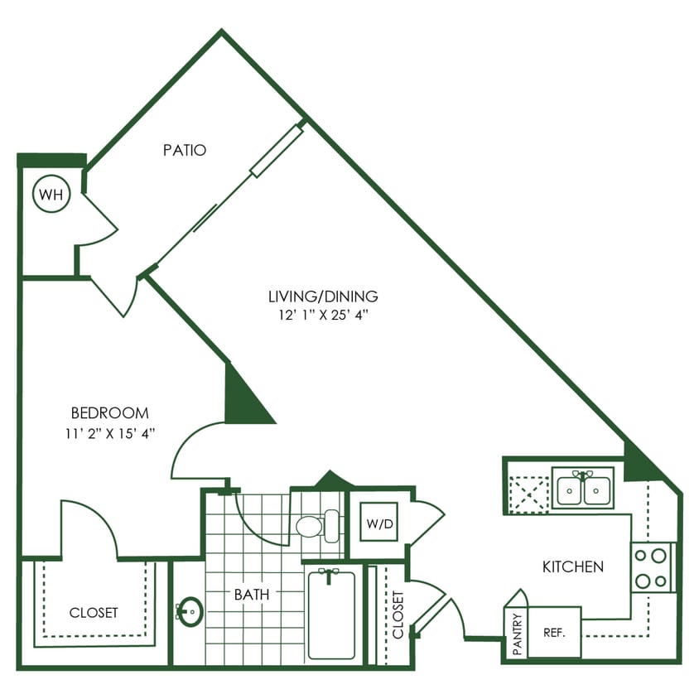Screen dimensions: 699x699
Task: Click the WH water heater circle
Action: (51, 195)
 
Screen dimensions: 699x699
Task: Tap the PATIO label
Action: (184, 151)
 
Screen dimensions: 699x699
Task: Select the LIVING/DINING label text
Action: (323, 296)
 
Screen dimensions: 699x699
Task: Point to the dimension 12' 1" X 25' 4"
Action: (323, 315)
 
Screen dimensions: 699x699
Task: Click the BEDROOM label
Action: (109, 412)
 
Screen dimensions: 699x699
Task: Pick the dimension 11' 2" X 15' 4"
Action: (109, 432)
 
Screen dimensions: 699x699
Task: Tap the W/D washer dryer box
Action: (379, 523)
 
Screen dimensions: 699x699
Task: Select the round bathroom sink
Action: (190, 612)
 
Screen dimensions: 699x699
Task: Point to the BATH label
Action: (251, 594)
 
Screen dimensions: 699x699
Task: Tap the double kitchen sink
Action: (583, 489)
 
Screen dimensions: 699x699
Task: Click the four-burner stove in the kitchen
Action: (652, 567)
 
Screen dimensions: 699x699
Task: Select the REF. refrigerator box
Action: (554, 633)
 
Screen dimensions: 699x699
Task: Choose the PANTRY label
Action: (517, 634)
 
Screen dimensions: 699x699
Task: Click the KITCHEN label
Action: (572, 567)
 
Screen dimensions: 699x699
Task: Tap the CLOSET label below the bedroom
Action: (94, 613)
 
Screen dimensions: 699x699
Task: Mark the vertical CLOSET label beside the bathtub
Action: (398, 615)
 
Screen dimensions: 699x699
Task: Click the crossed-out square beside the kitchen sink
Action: (528, 494)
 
